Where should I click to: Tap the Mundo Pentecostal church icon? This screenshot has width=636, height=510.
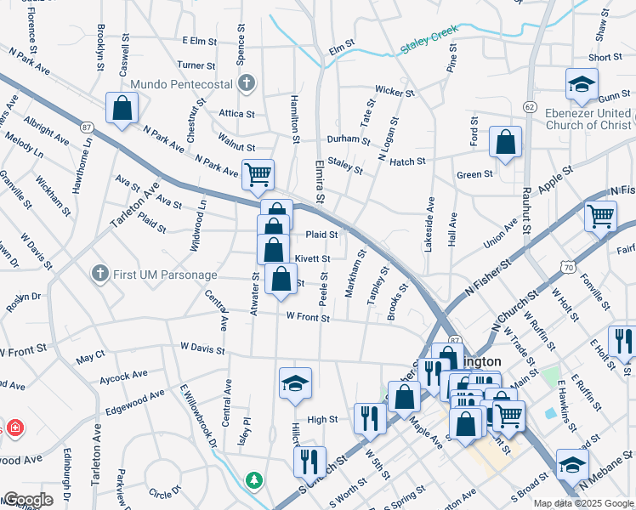(x=247, y=83)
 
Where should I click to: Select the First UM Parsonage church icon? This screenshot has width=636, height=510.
(x=100, y=273)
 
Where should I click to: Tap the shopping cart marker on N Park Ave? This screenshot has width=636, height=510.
(x=258, y=175)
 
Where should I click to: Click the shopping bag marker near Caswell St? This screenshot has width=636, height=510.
(x=122, y=108)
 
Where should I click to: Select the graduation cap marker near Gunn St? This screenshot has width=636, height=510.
(x=582, y=84)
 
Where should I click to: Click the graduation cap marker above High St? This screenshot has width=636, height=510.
(x=295, y=383)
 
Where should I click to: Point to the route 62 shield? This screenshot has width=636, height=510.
(x=530, y=106)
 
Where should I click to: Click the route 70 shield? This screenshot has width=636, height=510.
(x=567, y=268)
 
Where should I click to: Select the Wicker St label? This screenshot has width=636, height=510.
(x=395, y=92)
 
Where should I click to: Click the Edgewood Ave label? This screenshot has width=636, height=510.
(x=135, y=397)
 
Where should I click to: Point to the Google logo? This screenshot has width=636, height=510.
(x=27, y=500)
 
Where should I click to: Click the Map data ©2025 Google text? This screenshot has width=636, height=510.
(x=583, y=503)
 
